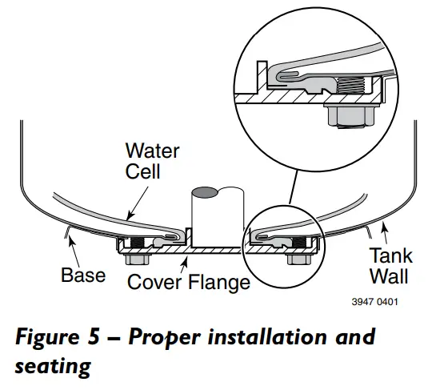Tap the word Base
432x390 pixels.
(x=83, y=275)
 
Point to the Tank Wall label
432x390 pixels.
(x=390, y=266)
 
